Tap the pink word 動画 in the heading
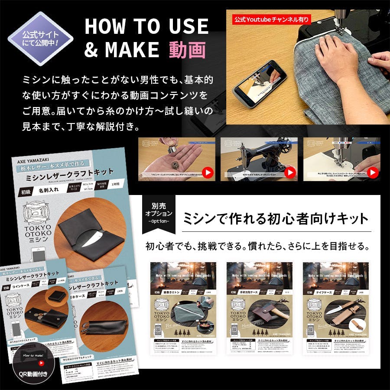[x=187, y=50]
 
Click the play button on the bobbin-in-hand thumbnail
[x=208, y=172]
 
